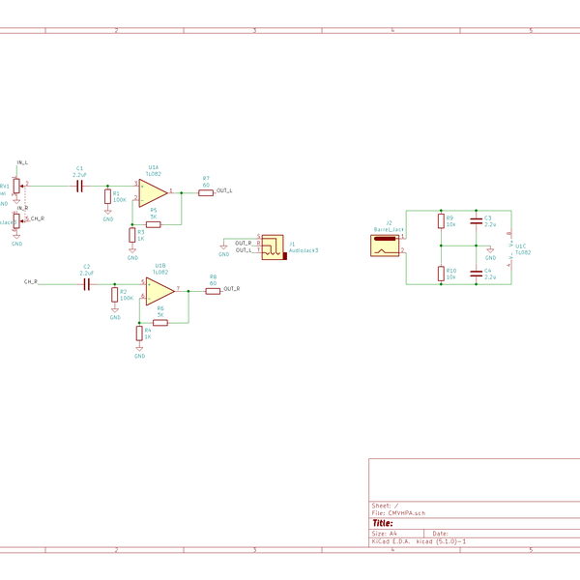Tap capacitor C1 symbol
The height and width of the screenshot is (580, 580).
point(79,184)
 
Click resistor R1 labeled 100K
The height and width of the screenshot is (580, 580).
point(108,198)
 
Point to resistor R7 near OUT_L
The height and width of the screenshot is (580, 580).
point(205,192)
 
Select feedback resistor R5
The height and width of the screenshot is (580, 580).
point(153,223)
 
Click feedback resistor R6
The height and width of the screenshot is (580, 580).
point(159,323)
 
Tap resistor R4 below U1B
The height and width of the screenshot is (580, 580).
point(139,334)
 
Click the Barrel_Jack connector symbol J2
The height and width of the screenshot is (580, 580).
point(387,244)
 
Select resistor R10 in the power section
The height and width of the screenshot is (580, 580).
point(441,273)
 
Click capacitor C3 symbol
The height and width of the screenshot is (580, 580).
point(475,221)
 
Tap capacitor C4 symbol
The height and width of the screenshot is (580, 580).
point(475,273)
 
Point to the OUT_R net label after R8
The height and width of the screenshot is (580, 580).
point(231,290)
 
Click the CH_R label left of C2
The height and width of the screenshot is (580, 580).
point(31,282)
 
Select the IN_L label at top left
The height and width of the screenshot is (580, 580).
point(22,162)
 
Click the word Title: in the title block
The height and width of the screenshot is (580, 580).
point(383,523)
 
